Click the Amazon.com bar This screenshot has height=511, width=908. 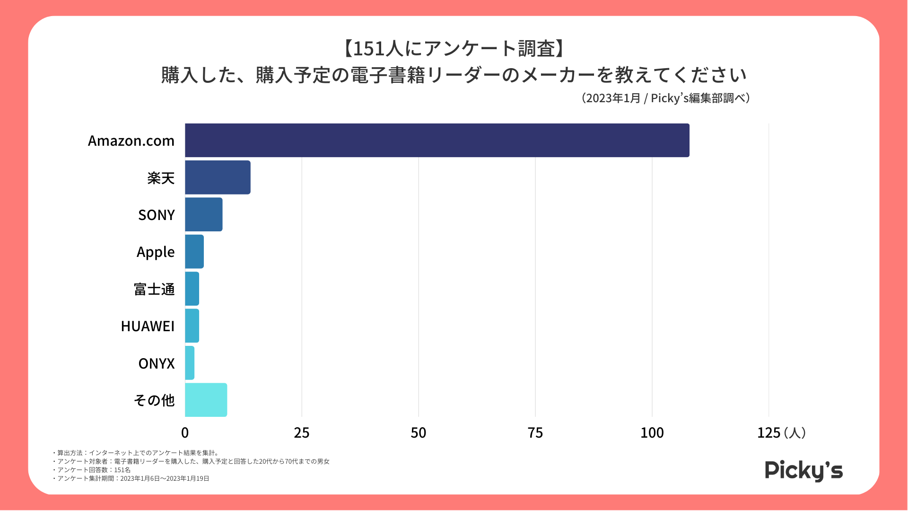click(437, 140)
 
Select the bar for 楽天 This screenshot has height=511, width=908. click(218, 177)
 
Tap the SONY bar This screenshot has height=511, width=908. click(203, 214)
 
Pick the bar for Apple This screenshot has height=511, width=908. click(194, 252)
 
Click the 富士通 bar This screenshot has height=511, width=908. click(192, 289)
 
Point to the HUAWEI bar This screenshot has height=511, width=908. click(192, 326)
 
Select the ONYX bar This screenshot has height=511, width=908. click(190, 363)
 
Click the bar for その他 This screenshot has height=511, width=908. click(206, 400)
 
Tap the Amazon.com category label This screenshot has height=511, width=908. click(131, 141)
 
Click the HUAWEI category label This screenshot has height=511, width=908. click(148, 326)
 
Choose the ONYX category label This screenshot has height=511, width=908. click(157, 363)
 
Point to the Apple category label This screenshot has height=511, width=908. click(156, 252)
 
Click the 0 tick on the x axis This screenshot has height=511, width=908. click(185, 432)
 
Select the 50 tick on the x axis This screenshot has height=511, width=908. click(419, 432)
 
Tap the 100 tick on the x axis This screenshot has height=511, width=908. click(652, 432)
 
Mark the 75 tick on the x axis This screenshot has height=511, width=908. click(535, 432)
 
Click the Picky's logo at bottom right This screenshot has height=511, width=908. click(804, 470)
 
